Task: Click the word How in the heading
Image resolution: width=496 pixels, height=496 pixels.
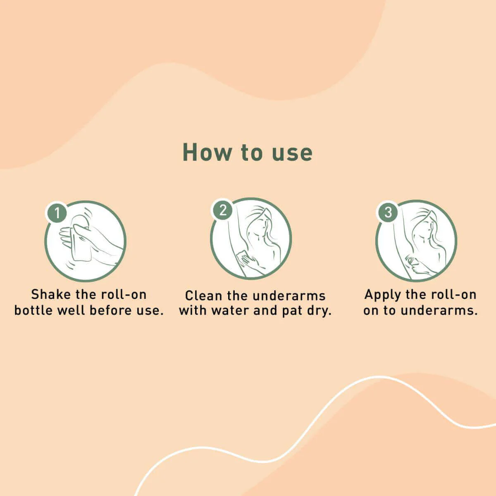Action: point(207,153)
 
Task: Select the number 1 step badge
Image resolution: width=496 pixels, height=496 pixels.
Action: point(57,213)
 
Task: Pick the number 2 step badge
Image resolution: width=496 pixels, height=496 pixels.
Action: point(223,210)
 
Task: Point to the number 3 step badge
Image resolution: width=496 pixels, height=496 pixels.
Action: point(388,212)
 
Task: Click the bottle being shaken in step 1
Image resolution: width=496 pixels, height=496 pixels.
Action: point(81,239)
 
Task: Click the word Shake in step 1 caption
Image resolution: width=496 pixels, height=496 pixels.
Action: point(51,294)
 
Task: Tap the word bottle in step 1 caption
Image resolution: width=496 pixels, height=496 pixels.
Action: point(33,310)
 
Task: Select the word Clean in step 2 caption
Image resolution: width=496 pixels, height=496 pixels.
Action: point(203,296)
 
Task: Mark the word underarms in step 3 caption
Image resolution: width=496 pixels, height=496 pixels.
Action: point(439,310)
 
